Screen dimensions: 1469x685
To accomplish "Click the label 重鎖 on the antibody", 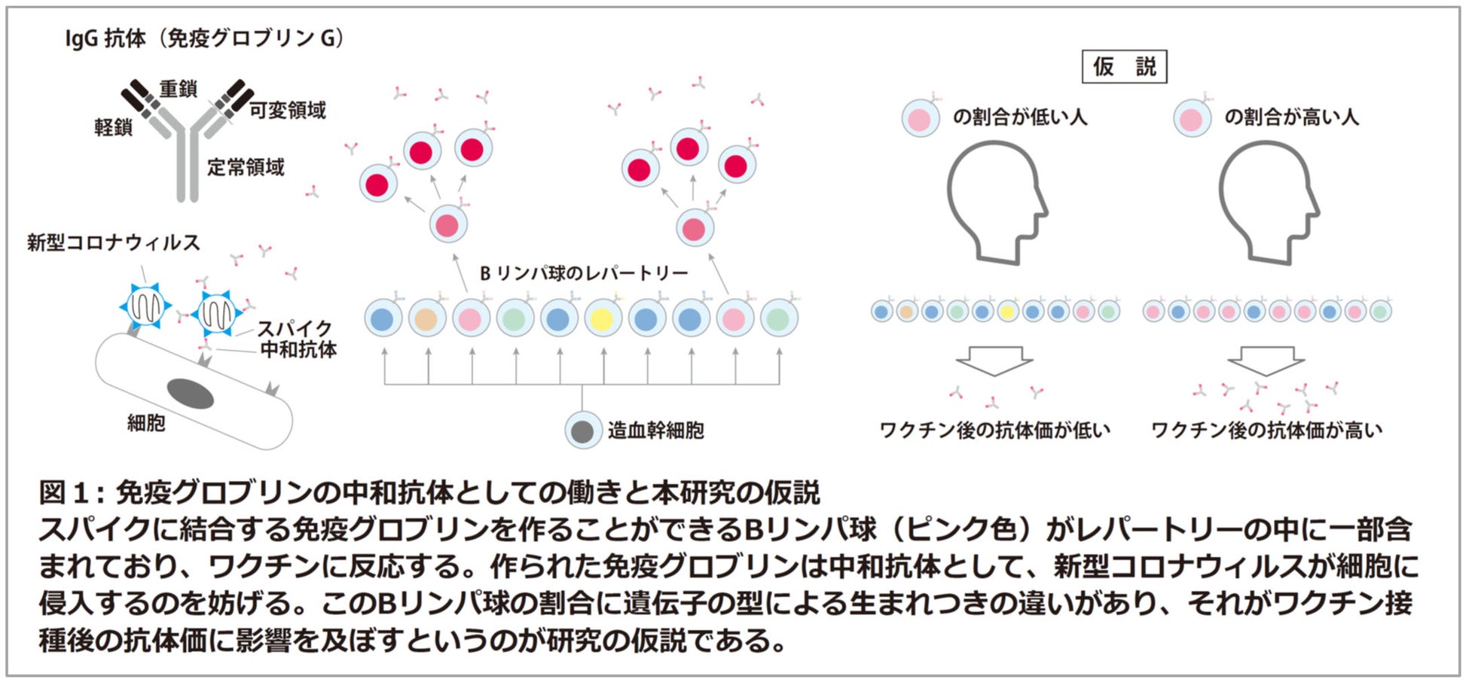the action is tap(178, 89).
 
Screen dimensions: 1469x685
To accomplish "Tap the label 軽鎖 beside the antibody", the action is tap(113, 127).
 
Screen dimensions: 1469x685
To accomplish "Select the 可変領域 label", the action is tap(288, 110).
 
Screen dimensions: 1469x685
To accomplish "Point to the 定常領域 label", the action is tap(246, 166).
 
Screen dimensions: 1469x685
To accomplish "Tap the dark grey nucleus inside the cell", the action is tap(191, 393).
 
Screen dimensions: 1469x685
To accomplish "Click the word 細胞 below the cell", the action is tap(146, 423).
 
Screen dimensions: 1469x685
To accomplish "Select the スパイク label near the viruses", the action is tap(294, 328).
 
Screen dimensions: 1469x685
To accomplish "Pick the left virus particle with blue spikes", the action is tap(145, 306).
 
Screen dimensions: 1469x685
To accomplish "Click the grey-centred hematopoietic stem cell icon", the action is tap(583, 431).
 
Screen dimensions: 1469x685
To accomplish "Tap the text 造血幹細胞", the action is tap(655, 431).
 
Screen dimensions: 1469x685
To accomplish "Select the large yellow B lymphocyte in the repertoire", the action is tap(602, 318).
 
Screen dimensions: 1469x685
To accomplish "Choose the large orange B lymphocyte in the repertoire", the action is tap(427, 318).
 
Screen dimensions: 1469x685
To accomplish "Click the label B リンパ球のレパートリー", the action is tap(584, 272).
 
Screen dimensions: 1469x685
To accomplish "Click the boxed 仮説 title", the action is tap(1124, 67).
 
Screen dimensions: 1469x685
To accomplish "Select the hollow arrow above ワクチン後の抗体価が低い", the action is tap(994, 361).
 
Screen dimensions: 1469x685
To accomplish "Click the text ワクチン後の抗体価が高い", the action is tap(1266, 431).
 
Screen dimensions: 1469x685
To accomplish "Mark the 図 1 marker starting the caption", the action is tap(63, 493).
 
